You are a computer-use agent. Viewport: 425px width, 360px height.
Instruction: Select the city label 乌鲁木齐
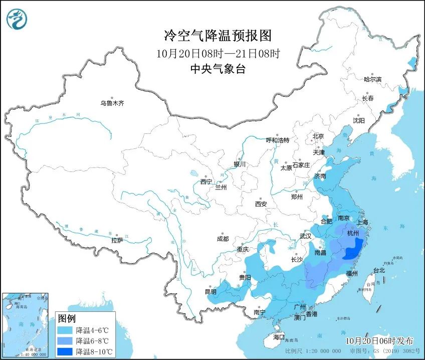(x=111, y=103)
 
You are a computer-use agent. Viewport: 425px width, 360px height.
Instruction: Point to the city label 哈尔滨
(x=372, y=79)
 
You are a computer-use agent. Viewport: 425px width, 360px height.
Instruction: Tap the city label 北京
(x=318, y=136)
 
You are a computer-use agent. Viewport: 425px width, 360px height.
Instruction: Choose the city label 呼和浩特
(x=277, y=140)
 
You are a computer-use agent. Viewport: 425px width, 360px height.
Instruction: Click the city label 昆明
(x=210, y=292)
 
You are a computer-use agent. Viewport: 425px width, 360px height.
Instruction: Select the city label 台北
(x=379, y=270)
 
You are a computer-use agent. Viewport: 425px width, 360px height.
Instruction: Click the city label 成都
(x=223, y=239)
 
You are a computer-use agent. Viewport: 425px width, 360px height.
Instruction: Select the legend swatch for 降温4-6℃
(x=65, y=330)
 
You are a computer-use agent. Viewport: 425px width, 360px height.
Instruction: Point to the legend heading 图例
(x=67, y=318)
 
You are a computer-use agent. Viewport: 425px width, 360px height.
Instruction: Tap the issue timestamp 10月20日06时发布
(x=382, y=340)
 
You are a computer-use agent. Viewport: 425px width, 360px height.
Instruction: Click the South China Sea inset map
(x=25, y=323)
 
